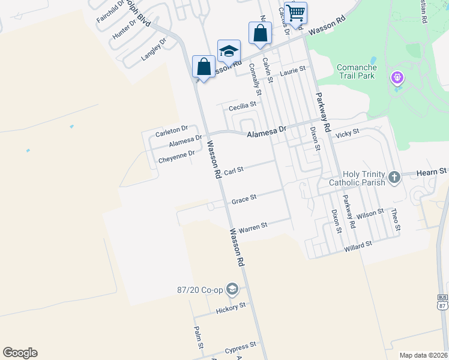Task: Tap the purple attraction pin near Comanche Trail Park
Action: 396,78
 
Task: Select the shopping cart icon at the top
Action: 295,12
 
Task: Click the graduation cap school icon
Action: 229,51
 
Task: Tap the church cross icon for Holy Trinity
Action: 394,177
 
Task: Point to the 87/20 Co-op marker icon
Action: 233,290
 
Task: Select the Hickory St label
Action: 231,308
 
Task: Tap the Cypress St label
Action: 241,347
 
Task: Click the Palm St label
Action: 197,337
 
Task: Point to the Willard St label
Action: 358,245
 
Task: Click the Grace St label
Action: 244,199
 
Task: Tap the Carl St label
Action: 233,171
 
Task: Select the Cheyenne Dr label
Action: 176,157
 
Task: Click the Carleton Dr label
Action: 172,130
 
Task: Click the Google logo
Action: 20,353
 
